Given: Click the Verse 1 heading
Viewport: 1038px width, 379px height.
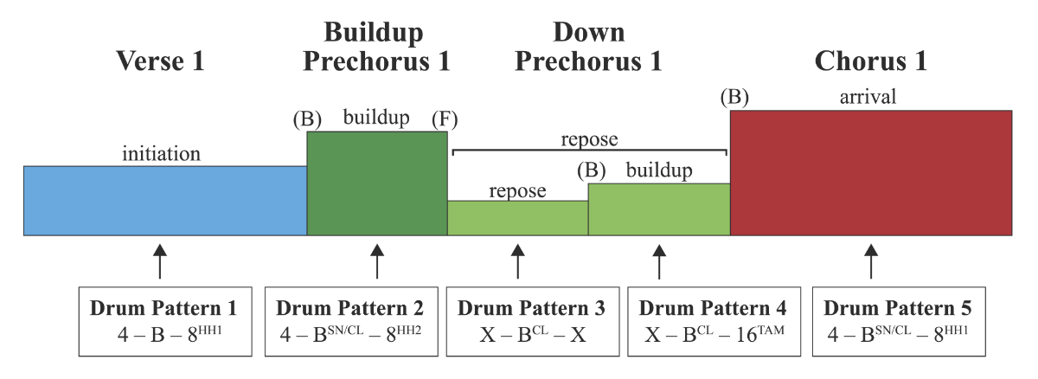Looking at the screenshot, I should (164, 61).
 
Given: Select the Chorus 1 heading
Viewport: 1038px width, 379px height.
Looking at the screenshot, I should (870, 61).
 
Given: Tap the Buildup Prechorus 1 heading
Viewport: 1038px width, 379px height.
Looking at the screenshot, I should (376, 48).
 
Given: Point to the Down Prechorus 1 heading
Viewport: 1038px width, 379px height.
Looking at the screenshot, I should (588, 48).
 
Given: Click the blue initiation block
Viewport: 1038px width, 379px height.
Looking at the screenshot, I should (164, 200).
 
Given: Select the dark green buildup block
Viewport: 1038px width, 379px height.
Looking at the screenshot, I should (376, 183).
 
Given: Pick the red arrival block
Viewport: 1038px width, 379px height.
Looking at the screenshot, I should (870, 172).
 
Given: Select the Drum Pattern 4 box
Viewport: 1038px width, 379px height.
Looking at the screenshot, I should (714, 321).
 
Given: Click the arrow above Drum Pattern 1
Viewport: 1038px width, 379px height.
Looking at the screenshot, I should (159, 260).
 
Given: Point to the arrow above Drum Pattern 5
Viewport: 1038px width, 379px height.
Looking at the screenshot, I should (871, 260).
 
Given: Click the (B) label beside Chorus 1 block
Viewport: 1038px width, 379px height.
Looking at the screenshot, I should (734, 98).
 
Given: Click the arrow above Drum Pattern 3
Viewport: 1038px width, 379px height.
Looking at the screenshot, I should (517, 260).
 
